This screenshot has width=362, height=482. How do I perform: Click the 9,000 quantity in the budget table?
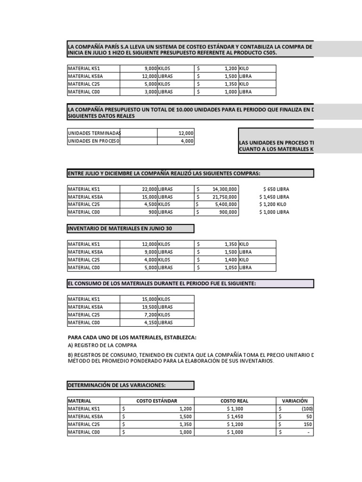coord(148,69)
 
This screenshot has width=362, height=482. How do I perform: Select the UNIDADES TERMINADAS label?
coord(94,133)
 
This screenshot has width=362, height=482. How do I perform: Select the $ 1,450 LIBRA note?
coord(274,197)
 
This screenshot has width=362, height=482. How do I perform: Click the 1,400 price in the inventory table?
coord(228,260)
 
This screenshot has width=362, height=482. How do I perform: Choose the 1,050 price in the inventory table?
coord(228,267)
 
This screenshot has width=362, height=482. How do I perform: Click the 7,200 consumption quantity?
coord(148,315)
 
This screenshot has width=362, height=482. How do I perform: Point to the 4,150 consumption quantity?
coord(148,322)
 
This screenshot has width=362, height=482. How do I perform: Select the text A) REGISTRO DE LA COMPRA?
coord(103,345)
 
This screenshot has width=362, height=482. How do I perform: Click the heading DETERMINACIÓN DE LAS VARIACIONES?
coord(117,386)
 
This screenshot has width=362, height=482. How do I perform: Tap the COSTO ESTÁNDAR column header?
coord(157,401)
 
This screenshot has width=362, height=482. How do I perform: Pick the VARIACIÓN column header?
coord(295,401)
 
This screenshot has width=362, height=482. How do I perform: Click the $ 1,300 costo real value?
coord(235,409)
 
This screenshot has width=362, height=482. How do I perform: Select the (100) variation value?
coord(306,409)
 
